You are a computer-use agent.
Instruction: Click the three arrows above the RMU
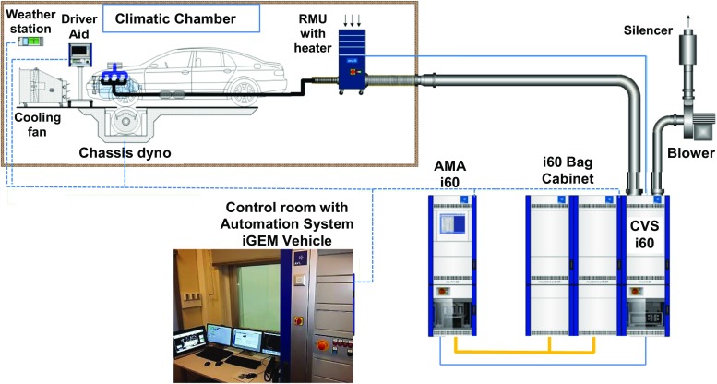[x=352, y=19]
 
